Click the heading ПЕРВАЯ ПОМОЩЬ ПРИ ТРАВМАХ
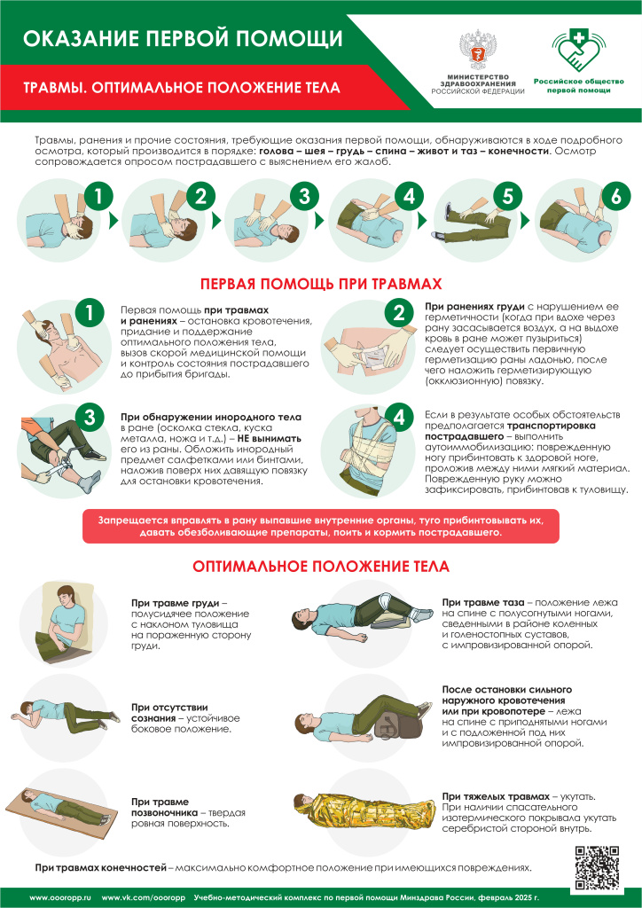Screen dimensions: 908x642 coord(320,284)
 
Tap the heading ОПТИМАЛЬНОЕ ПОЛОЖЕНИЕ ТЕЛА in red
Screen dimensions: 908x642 coord(320,566)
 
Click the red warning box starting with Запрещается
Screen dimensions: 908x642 coord(320,525)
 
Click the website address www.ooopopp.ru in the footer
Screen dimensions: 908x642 coord(60,897)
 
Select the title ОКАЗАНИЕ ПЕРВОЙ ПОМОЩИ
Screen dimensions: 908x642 coord(182,38)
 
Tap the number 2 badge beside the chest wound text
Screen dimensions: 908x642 coord(398,312)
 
